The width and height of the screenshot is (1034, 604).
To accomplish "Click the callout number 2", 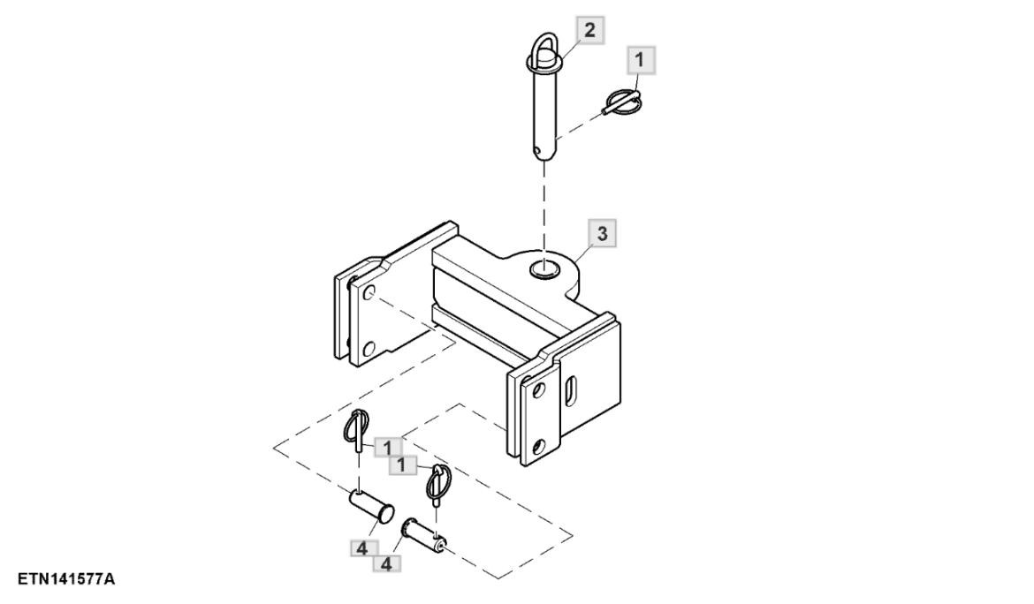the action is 590,30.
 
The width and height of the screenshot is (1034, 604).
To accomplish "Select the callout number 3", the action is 602,233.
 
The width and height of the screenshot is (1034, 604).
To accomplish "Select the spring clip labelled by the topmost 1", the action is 622,102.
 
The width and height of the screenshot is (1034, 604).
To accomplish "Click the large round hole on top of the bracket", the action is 544,269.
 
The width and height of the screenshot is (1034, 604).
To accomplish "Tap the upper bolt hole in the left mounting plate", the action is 369,292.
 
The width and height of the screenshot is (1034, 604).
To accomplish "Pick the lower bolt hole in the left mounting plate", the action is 369,349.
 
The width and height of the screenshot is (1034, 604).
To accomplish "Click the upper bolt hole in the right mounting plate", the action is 539,390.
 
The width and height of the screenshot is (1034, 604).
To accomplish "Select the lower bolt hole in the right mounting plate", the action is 539,447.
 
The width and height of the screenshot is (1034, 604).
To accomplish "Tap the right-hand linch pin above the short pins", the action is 437,485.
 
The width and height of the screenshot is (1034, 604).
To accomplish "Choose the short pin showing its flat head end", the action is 372,506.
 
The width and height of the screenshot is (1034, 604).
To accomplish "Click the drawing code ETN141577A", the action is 66,579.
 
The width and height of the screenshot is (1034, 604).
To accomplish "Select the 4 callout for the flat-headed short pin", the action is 362,548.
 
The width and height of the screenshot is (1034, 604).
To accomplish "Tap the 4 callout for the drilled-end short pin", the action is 387,563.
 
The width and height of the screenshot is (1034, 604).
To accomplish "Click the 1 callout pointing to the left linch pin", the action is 387,448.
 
